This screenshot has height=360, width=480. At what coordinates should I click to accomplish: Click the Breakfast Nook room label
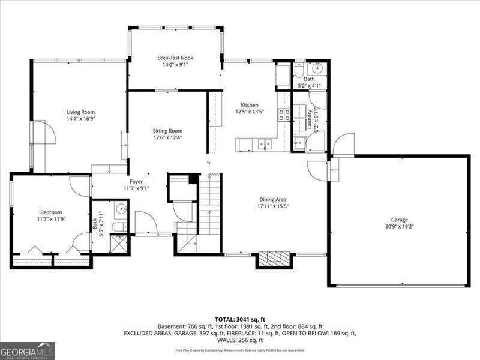pos(175,58)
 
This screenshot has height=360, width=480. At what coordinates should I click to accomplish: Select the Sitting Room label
pos(167,131)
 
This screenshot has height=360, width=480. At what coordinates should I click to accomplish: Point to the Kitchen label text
pos(250,105)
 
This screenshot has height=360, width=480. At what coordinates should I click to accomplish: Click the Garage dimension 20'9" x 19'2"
pos(400,227)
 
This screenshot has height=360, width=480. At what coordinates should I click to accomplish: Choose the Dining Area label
pos(272,199)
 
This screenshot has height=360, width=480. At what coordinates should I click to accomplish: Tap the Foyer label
pos(136,181)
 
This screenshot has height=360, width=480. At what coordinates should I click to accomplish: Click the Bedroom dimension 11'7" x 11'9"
pos(51,220)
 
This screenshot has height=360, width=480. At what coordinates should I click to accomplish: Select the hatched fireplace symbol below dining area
pos(276,259)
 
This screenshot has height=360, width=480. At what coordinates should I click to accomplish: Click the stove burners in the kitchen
pos(284,115)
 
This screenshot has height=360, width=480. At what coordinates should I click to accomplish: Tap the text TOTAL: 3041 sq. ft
pos(240,319)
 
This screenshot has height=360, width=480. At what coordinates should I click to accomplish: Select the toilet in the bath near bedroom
pos(119,226)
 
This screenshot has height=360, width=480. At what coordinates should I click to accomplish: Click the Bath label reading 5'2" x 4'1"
pos(309,82)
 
